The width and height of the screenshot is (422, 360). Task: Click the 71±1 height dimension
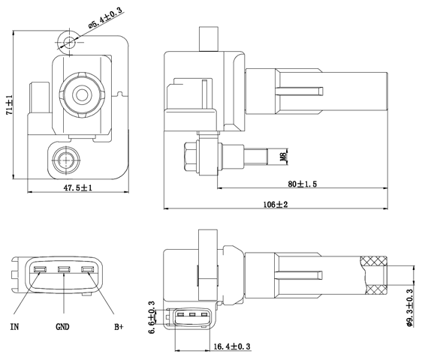click(10, 105)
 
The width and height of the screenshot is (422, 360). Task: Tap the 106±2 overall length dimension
click(276, 204)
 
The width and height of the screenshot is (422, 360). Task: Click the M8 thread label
click(283, 157)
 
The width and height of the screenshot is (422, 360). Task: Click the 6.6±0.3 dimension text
click(152, 316)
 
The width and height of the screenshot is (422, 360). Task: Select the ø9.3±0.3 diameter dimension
click(410, 308)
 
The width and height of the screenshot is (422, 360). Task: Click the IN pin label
click(15, 327)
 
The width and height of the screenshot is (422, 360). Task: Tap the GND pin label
click(63, 327)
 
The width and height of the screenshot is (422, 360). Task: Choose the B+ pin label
click(119, 327)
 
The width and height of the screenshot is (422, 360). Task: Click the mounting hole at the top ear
click(70, 41)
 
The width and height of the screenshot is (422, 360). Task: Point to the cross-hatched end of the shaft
click(373, 274)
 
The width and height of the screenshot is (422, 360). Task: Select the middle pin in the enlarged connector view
click(64, 271)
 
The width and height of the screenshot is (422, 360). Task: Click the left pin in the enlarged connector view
click(40, 271)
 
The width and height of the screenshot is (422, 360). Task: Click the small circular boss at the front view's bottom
click(65, 158)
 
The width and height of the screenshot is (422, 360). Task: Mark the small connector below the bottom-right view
click(192, 316)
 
